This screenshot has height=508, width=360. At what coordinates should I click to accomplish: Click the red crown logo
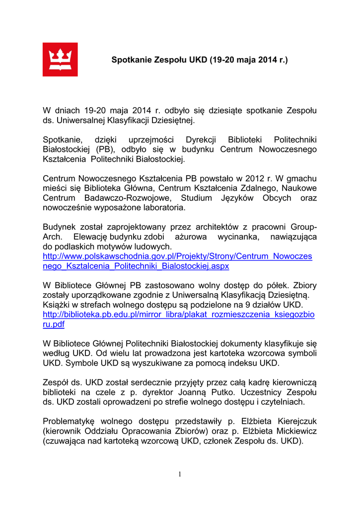(60, 60)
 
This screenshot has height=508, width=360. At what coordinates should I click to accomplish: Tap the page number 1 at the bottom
(180, 475)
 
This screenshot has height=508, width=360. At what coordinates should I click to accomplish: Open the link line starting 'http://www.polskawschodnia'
(177, 256)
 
